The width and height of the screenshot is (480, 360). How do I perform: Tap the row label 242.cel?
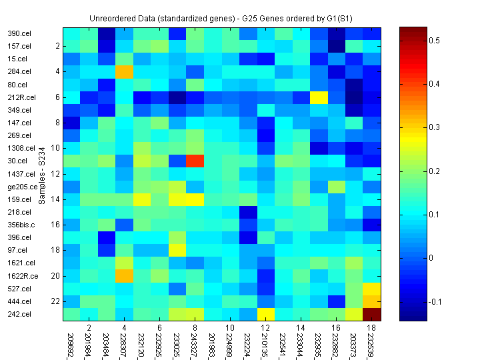(x=17, y=314)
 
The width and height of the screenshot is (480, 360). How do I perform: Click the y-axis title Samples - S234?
(x=41, y=173)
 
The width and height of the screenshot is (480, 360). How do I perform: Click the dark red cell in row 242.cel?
(x=373, y=314)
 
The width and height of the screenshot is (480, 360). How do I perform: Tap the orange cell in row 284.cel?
(x=124, y=71)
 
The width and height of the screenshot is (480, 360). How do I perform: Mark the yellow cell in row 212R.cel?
(x=319, y=97)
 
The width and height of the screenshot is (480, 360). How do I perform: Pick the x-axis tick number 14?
(x=301, y=328)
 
